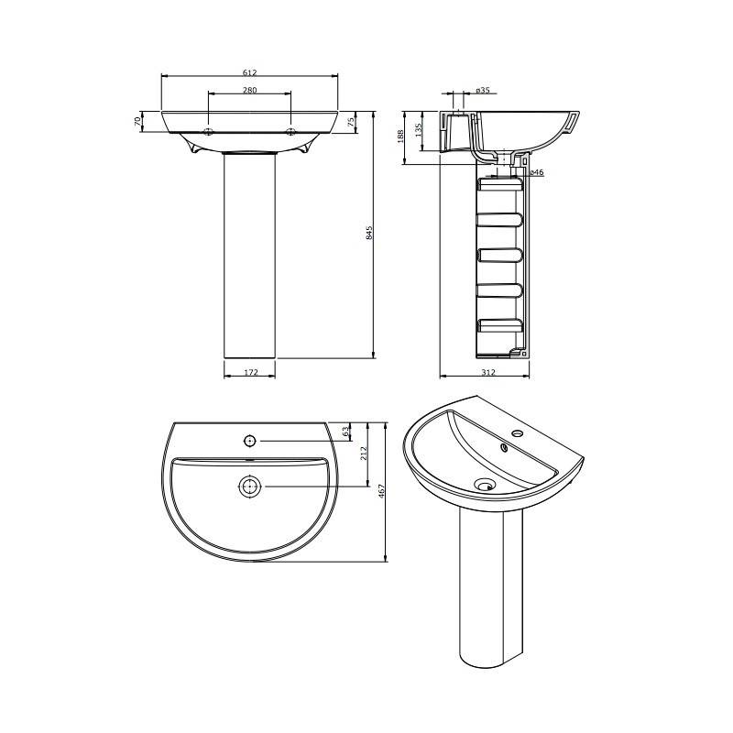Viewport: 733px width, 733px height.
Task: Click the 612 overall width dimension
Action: tap(249, 72)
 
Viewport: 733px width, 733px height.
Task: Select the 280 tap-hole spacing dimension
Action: tap(249, 90)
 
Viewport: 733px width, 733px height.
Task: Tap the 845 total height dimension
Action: tap(369, 233)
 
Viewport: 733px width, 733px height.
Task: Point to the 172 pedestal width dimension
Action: tap(251, 373)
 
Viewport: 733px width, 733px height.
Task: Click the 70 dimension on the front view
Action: tap(137, 121)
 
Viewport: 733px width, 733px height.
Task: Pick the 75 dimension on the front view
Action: tap(352, 122)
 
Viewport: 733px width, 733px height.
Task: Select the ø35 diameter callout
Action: tap(483, 90)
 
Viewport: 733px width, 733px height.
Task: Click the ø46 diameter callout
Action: tap(537, 172)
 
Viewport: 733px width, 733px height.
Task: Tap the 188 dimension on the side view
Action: tap(400, 137)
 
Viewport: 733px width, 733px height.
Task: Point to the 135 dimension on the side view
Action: tap(419, 129)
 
